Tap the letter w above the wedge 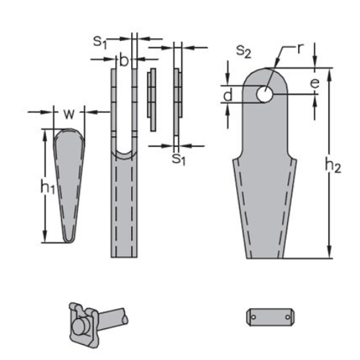tap(68, 114)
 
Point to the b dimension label tap(123, 62)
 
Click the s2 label tap(243, 50)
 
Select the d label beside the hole tap(228, 95)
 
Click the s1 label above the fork tap(100, 42)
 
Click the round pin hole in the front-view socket tap(264, 94)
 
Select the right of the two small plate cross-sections tap(178, 101)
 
